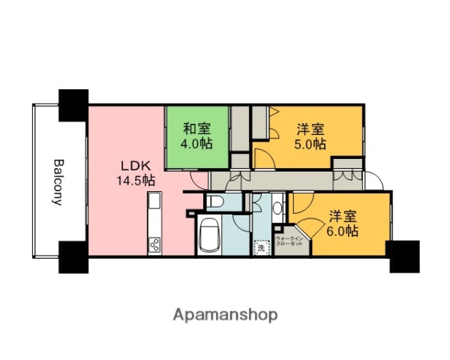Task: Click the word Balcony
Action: pyautogui.click(x=58, y=181)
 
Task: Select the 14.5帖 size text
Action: pyautogui.click(x=136, y=181)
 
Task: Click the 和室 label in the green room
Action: pyautogui.click(x=196, y=128)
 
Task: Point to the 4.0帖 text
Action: pyautogui.click(x=196, y=143)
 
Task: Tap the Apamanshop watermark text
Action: pyautogui.click(x=224, y=315)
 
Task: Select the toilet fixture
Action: pyautogui.click(x=214, y=202)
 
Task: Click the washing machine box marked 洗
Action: pyautogui.click(x=261, y=247)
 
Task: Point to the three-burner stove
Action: pyautogui.click(x=154, y=244)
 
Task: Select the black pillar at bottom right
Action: pyautogui.click(x=403, y=256)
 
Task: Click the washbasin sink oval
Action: pyautogui.click(x=278, y=207)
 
